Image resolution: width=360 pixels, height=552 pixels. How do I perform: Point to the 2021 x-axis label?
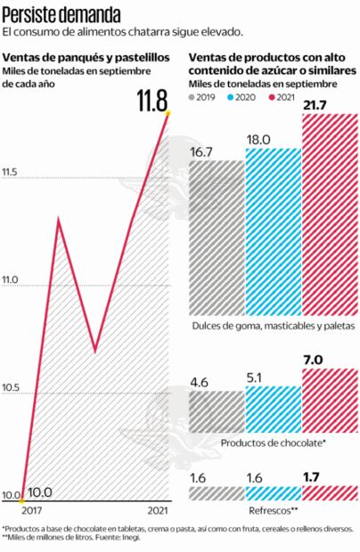coord(157,510)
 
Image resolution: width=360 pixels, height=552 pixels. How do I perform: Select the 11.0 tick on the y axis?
coord(12,280)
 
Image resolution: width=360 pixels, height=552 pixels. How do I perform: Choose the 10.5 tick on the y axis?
coord(12,388)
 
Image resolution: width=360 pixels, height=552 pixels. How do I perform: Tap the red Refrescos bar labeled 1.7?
coord(329,491)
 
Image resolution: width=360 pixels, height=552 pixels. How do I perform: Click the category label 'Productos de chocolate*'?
coord(272,442)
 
